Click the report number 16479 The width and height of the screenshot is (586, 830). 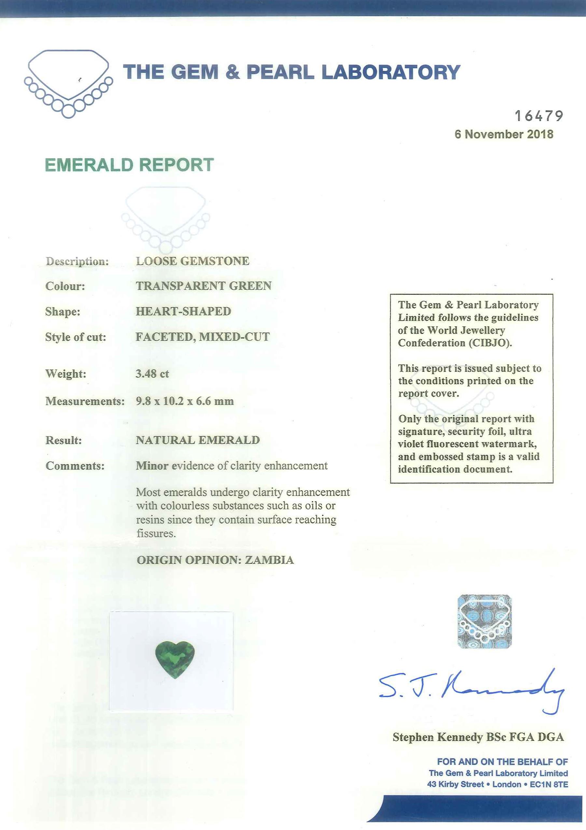click(538, 116)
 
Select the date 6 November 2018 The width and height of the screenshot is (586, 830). click(504, 134)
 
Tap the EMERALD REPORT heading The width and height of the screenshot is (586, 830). click(129, 165)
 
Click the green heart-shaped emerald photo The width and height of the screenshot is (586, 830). click(175, 659)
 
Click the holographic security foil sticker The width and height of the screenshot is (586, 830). click(484, 622)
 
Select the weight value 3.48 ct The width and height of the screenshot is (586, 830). click(152, 373)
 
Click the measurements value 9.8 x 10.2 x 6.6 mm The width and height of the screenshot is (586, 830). click(185, 401)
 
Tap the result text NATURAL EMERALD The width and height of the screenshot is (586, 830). click(198, 440)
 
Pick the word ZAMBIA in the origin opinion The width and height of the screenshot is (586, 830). click(269, 560)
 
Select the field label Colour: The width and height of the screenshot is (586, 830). click(65, 286)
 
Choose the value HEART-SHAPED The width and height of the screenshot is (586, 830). click(183, 311)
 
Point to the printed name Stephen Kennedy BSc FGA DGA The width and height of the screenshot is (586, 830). click(478, 737)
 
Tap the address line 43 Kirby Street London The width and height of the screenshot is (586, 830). click(497, 784)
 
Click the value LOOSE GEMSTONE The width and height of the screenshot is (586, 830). click(192, 261)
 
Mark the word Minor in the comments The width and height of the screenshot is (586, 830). click(152, 466)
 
